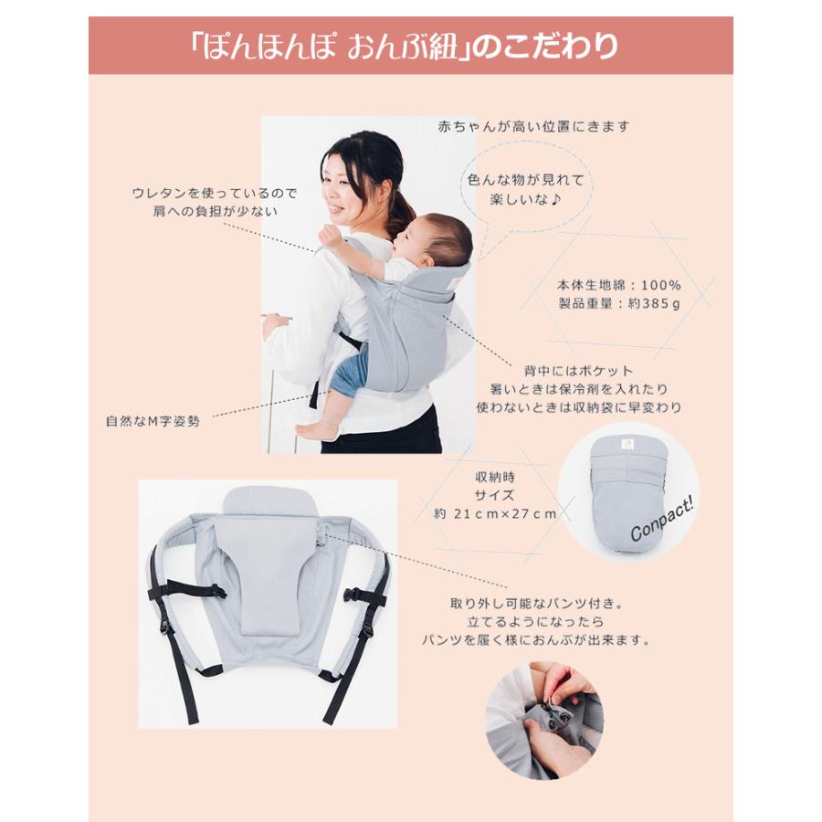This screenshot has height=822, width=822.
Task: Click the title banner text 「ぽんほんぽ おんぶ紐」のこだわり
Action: coord(410,46)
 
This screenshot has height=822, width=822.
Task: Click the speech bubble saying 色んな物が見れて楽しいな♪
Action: coord(524,188)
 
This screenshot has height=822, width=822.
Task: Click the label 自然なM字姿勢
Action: coord(153,422)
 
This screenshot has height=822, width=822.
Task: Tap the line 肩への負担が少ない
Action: coord(215,211)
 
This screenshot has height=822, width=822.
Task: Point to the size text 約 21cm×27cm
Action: coord(495,513)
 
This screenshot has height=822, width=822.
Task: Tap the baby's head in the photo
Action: coord(440,240)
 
